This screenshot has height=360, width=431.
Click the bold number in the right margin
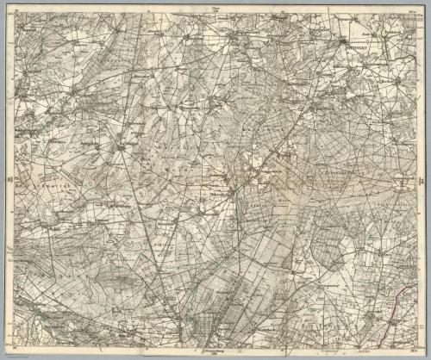point(422,180)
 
